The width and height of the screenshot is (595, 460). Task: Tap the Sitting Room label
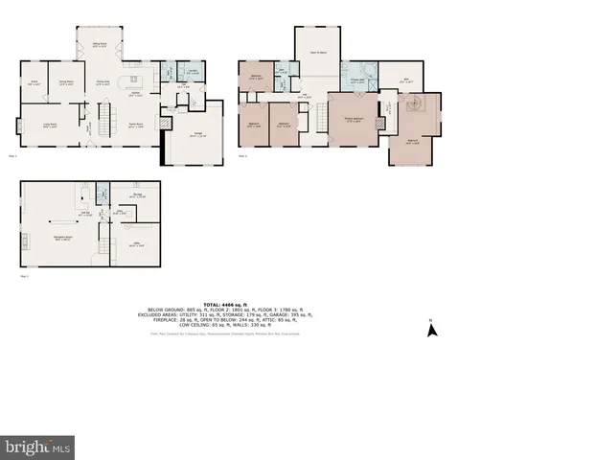click(x=99, y=43)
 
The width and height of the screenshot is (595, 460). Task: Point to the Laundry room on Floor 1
click(x=193, y=74)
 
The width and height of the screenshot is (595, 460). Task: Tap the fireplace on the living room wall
click(x=17, y=126)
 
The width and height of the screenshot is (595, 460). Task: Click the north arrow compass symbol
click(x=431, y=330)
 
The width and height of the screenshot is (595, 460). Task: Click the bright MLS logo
click(x=38, y=446)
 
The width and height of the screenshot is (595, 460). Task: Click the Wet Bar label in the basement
click(x=85, y=214)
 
